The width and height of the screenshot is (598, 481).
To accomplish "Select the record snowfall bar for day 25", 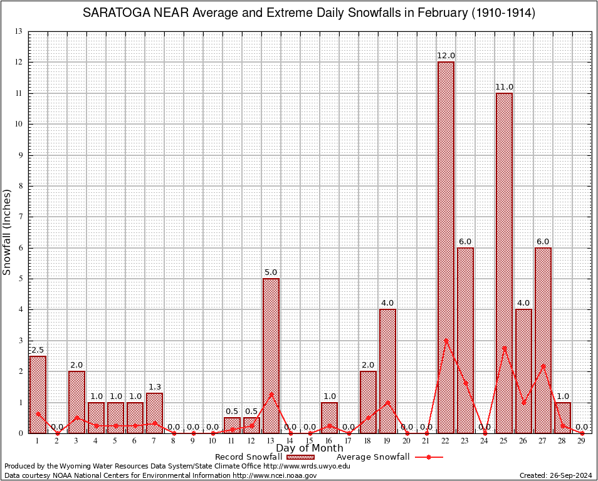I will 504,263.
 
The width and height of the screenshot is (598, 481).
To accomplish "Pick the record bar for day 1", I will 38,395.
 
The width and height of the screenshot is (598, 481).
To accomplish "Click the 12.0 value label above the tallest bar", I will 446,56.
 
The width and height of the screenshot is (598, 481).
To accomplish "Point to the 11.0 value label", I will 504,87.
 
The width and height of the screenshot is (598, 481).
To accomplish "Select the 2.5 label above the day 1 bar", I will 38,350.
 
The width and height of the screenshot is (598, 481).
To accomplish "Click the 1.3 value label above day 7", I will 154,386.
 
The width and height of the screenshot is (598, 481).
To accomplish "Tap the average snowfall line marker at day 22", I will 446,341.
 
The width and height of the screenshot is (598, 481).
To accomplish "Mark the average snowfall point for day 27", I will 543,365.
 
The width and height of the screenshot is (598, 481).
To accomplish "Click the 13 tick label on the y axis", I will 19,31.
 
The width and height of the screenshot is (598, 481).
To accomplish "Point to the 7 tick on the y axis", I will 21,217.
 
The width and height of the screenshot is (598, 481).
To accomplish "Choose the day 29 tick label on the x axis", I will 582,441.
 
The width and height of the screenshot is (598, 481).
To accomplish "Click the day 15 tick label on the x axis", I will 310,441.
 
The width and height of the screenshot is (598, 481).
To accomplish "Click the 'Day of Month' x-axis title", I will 310,448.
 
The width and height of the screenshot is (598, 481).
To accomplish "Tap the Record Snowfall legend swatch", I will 298,457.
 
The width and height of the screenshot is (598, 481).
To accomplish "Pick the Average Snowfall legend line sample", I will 428,457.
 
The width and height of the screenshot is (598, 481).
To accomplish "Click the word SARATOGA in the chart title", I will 118,13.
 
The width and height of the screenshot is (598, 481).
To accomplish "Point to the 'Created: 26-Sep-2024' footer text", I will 555,475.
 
